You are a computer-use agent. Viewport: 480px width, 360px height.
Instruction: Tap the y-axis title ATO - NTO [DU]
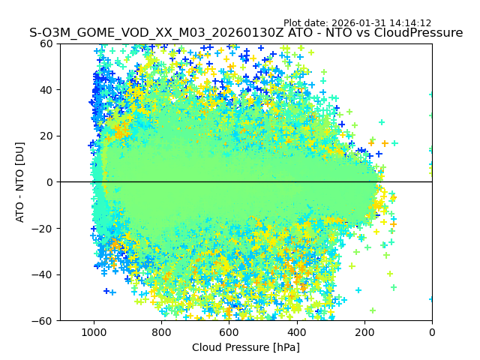[x=20, y=182]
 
